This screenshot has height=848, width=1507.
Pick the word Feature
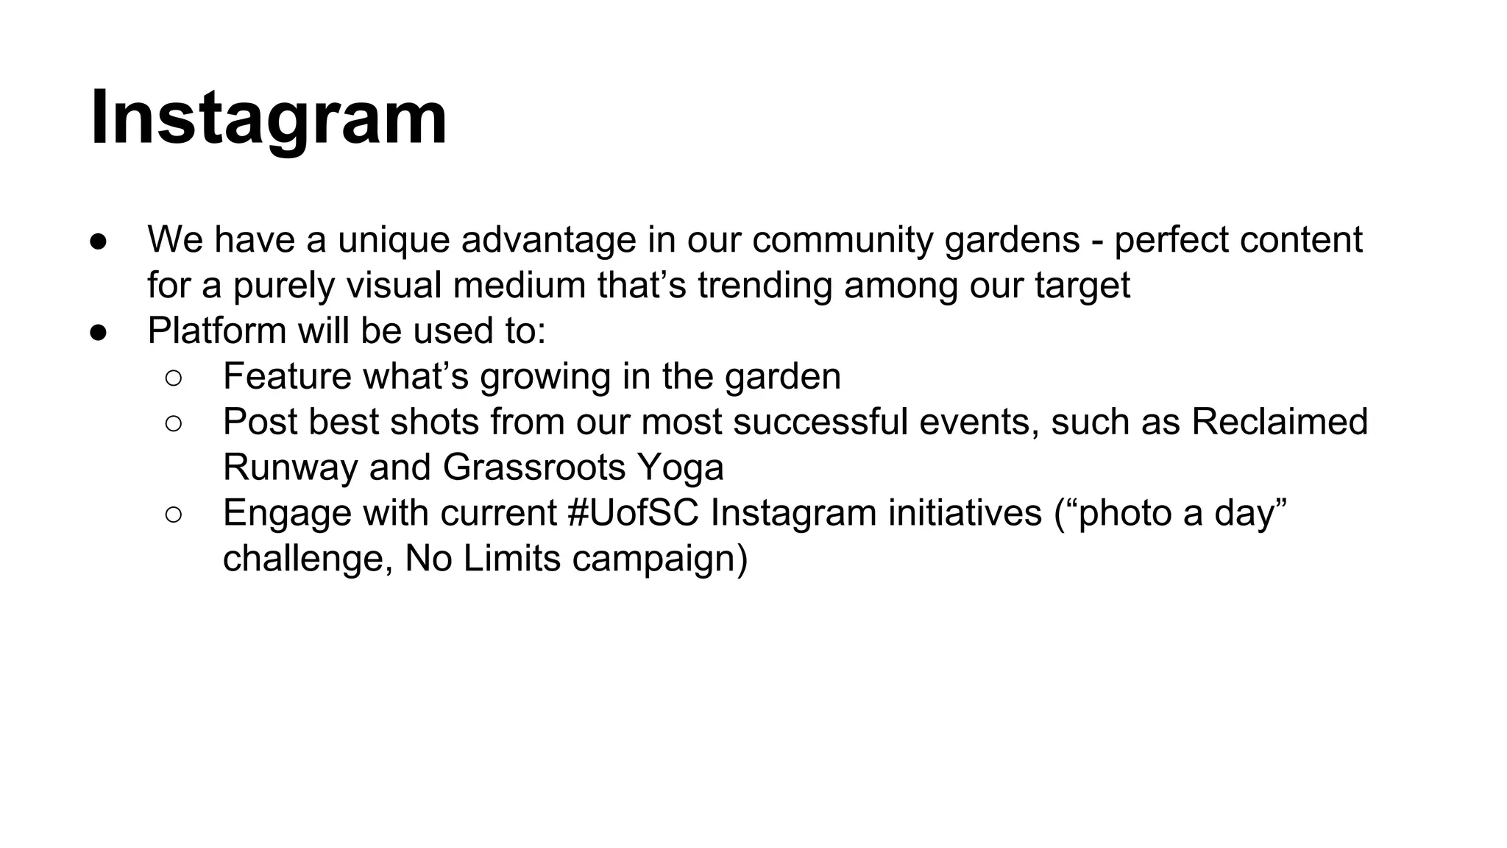point(288,377)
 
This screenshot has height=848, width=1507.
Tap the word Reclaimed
point(1279,423)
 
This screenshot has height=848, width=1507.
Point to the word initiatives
point(965,514)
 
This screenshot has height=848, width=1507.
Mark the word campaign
point(659,559)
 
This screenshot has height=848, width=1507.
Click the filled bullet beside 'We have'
point(99,241)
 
